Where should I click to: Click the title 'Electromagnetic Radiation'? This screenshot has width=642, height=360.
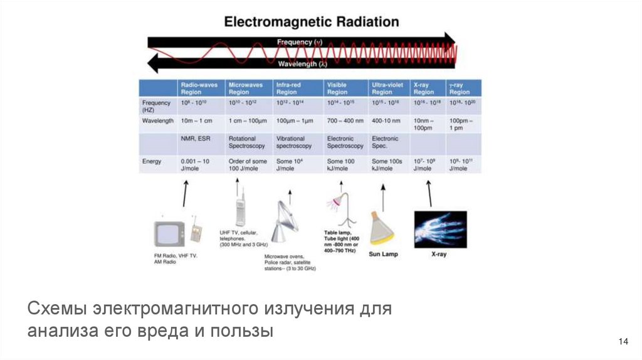coord(312,21)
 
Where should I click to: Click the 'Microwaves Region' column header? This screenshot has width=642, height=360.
coord(243,87)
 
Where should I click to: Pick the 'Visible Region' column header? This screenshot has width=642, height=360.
coord(337,87)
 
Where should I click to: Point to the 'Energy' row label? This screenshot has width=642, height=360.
coord(152,161)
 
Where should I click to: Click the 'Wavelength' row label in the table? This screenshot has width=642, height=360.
coord(158,120)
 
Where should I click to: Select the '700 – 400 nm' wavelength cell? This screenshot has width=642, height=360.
coord(345,120)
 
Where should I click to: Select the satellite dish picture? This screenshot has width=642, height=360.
coord(285,223)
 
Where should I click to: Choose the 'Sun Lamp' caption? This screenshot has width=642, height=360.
coord(382,254)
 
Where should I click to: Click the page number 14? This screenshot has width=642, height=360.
coord(623,341)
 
